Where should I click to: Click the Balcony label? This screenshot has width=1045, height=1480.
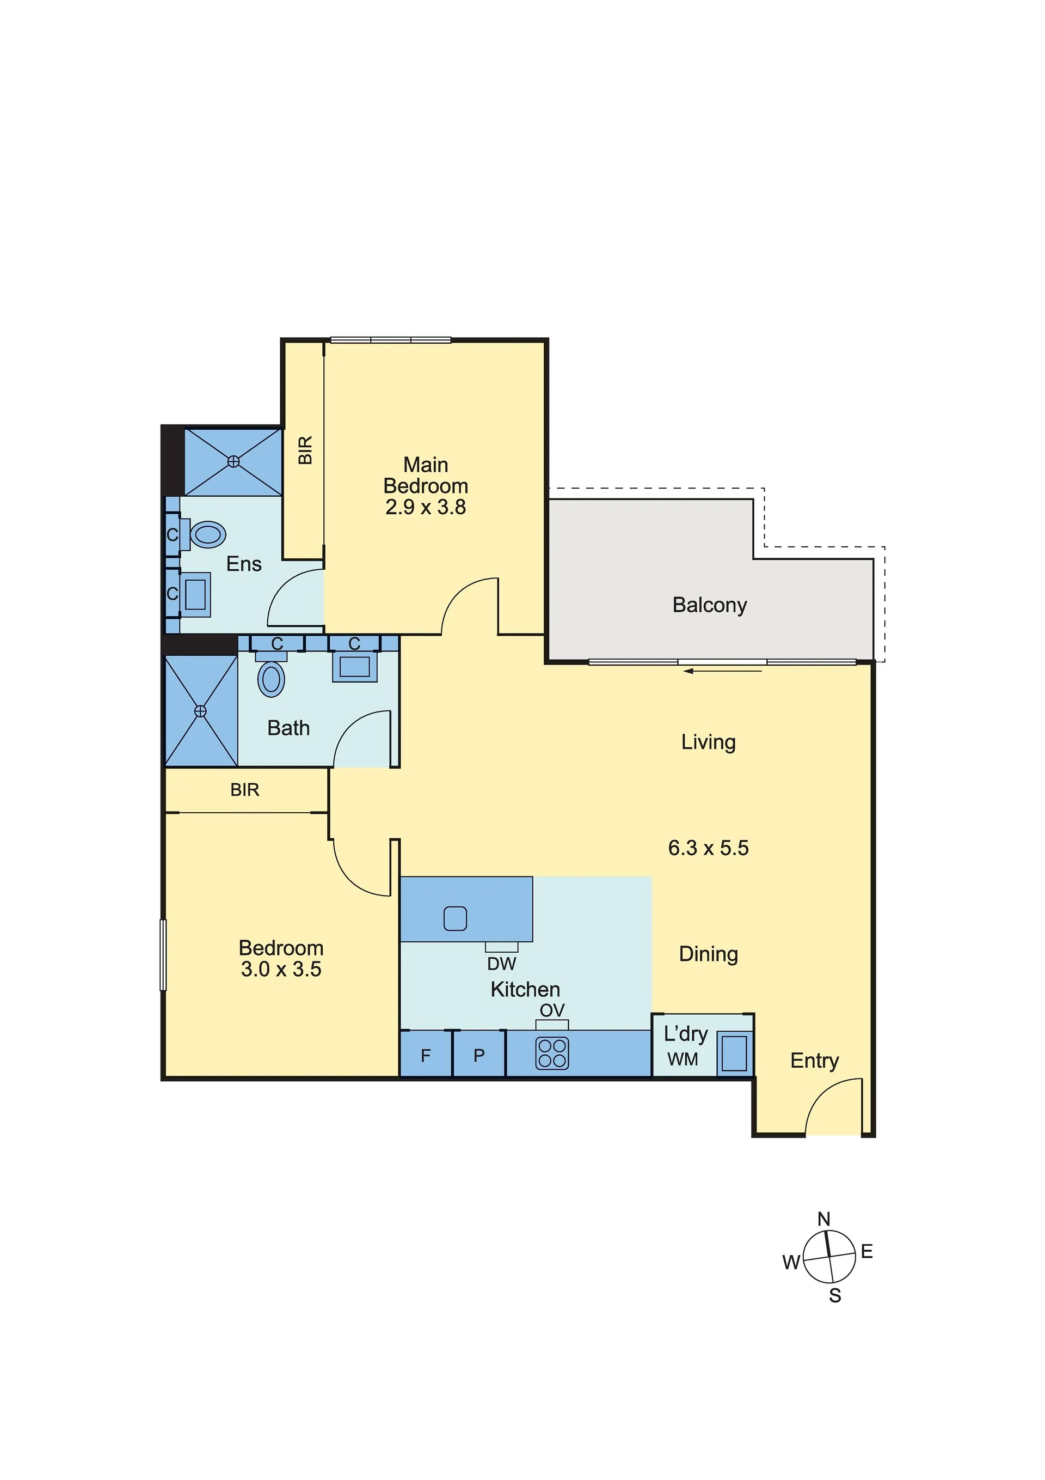coord(709,605)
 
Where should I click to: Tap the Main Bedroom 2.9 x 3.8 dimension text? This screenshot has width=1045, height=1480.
coord(425,507)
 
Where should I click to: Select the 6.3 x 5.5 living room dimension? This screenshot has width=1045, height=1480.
coord(708,847)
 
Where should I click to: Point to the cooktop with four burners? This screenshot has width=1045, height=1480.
coord(552,1053)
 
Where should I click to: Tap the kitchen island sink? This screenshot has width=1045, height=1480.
coord(455,918)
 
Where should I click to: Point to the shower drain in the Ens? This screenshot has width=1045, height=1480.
coord(233,461)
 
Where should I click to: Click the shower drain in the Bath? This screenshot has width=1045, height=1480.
coord(200,710)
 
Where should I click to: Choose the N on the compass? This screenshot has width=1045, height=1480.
coord(823,1219)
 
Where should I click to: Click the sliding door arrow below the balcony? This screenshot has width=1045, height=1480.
coord(723,671)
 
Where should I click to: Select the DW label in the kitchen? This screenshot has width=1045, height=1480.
coord(501,964)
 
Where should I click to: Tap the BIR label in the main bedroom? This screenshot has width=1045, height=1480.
coord(305,450)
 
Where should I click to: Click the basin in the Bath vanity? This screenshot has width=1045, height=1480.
coord(354,666)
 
